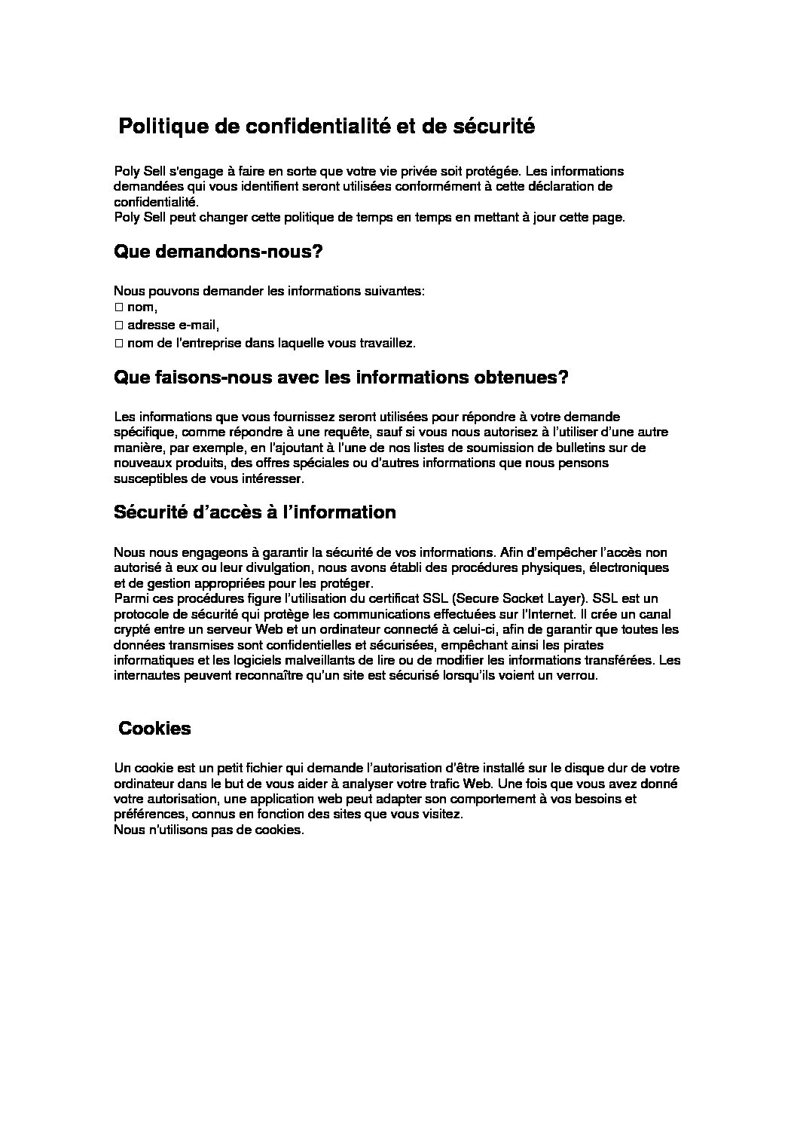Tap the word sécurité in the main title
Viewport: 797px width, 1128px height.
[493, 127]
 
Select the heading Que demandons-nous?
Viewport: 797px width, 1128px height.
[218, 252]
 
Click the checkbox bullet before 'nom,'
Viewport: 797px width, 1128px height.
[119, 307]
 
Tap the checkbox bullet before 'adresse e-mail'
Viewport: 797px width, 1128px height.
[119, 326]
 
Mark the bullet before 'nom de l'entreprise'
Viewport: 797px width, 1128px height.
[119, 344]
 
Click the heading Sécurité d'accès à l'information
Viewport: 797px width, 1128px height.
[255, 512]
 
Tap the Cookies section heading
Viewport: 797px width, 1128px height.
[155, 729]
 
